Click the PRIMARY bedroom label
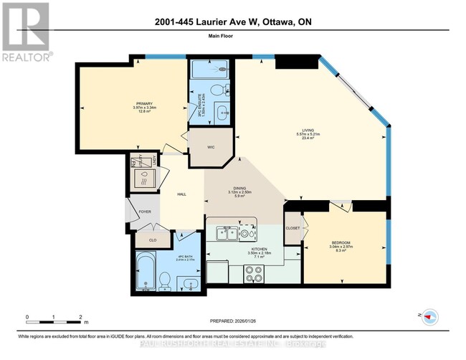(x=141, y=103)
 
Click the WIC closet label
(x=211, y=147)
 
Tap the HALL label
(x=181, y=194)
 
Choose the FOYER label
(x=146, y=212)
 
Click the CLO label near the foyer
(x=152, y=240)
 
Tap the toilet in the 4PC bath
(x=164, y=280)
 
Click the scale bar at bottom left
(x=54, y=318)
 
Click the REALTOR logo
(x=26, y=32)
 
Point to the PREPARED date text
(x=233, y=321)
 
